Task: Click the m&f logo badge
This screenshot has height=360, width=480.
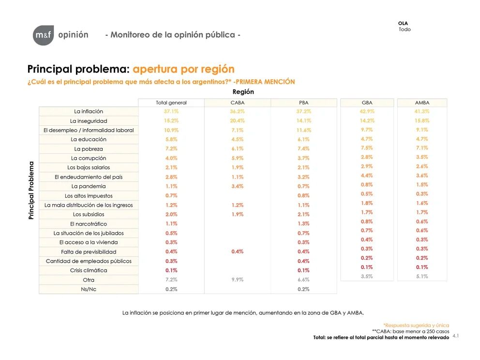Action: click(44, 35)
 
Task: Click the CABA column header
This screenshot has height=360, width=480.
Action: click(238, 103)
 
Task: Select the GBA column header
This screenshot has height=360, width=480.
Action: click(367, 103)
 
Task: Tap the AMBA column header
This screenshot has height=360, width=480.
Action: click(422, 103)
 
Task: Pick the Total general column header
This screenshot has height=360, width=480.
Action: click(171, 103)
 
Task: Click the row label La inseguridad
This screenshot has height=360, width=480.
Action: click(89, 121)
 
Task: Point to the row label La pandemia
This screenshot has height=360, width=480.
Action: click(89, 186)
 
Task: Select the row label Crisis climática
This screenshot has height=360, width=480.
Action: click(89, 270)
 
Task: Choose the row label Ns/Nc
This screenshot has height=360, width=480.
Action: click(89, 289)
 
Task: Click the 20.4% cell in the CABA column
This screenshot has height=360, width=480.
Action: click(238, 120)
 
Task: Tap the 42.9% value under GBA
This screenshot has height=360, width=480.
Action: click(367, 111)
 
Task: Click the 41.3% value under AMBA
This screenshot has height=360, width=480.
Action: click(422, 111)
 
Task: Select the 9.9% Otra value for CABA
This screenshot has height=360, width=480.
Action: click(238, 280)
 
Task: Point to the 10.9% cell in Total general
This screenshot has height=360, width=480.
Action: click(171, 130)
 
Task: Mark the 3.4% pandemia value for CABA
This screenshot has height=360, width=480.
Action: click(238, 186)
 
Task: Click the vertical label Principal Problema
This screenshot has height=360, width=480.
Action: click(31, 190)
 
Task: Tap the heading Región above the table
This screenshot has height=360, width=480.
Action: click(243, 92)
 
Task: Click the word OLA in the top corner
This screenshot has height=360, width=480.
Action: click(403, 23)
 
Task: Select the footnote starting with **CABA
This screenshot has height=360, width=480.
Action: click(410, 331)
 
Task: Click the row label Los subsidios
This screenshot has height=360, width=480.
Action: click(89, 214)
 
